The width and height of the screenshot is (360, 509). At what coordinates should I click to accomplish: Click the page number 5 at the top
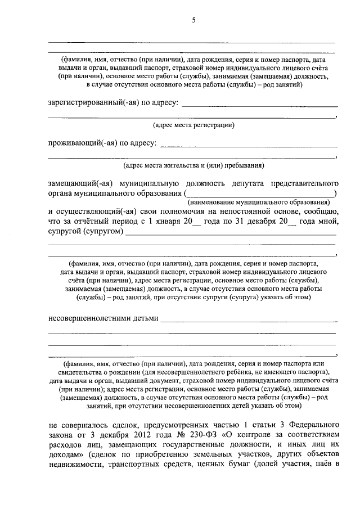(x=193, y=21)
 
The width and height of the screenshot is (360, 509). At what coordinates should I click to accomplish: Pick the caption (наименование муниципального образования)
(x=258, y=202)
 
